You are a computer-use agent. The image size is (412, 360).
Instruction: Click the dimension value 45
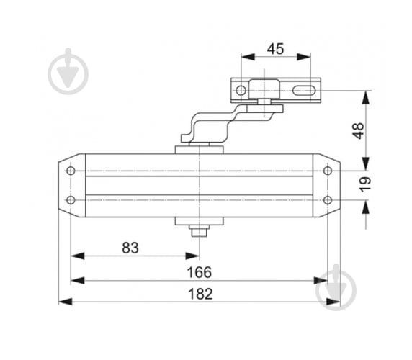point(275,49)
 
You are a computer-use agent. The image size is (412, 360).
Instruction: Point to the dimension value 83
point(130,247)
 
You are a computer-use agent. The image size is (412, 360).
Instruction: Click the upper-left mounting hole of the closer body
point(71,171)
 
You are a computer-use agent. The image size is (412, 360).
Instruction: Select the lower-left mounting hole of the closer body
point(71,199)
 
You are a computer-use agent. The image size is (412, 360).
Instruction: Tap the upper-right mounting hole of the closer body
point(328,171)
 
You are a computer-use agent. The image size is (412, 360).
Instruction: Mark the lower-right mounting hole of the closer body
point(328,199)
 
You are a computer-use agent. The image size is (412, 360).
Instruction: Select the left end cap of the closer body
point(71,184)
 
